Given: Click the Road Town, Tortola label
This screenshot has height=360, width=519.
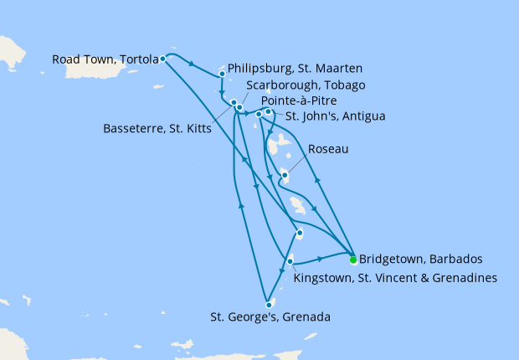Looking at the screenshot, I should [x=105, y=59].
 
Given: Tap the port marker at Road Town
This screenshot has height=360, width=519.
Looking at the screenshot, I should [x=162, y=59].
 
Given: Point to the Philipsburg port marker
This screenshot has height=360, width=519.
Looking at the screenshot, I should [x=222, y=74].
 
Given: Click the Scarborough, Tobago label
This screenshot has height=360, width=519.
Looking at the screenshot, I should [x=306, y=85].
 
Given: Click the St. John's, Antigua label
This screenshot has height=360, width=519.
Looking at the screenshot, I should [x=336, y=116].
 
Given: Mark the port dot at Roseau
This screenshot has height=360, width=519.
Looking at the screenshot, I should [x=285, y=175].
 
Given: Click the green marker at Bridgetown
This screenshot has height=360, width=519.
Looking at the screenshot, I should [x=353, y=259].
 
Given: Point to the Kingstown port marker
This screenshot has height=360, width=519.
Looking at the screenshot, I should [x=290, y=262].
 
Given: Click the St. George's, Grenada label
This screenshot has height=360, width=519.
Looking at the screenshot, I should [x=270, y=317].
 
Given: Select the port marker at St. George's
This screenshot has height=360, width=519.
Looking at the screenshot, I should [x=268, y=305].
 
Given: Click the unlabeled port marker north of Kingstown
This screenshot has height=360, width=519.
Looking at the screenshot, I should [x=299, y=233].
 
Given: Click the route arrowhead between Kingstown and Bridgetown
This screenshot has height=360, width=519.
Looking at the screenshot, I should [x=321, y=260].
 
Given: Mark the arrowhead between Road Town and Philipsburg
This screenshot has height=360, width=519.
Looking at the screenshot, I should [x=193, y=64].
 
